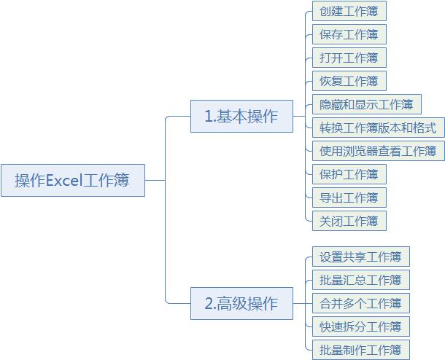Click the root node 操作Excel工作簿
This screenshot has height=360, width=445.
point(73,180)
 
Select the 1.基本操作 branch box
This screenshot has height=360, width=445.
point(241,116)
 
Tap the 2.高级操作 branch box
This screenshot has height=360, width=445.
point(241,304)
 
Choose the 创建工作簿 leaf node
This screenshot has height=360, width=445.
point(349,11)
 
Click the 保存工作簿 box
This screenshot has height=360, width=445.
point(349,34)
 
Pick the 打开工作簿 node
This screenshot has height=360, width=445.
point(349,58)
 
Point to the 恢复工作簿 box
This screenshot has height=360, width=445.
point(349,81)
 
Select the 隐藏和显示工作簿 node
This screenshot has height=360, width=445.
point(367,104)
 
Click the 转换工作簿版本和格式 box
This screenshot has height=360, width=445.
point(379,128)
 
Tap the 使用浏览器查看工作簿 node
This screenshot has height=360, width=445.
point(379,151)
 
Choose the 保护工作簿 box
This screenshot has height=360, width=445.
point(349,174)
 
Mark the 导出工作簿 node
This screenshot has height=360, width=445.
point(349,197)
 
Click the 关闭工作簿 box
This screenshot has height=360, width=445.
point(349,221)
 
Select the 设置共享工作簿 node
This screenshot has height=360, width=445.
point(361,257)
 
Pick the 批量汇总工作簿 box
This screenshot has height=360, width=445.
point(361,280)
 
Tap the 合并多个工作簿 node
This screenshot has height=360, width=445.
point(361,304)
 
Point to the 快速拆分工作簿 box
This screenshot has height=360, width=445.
point(361,326)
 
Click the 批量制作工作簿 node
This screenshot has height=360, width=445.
point(361,350)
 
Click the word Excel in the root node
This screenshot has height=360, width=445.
point(64,180)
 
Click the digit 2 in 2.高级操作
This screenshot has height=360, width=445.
point(209,304)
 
